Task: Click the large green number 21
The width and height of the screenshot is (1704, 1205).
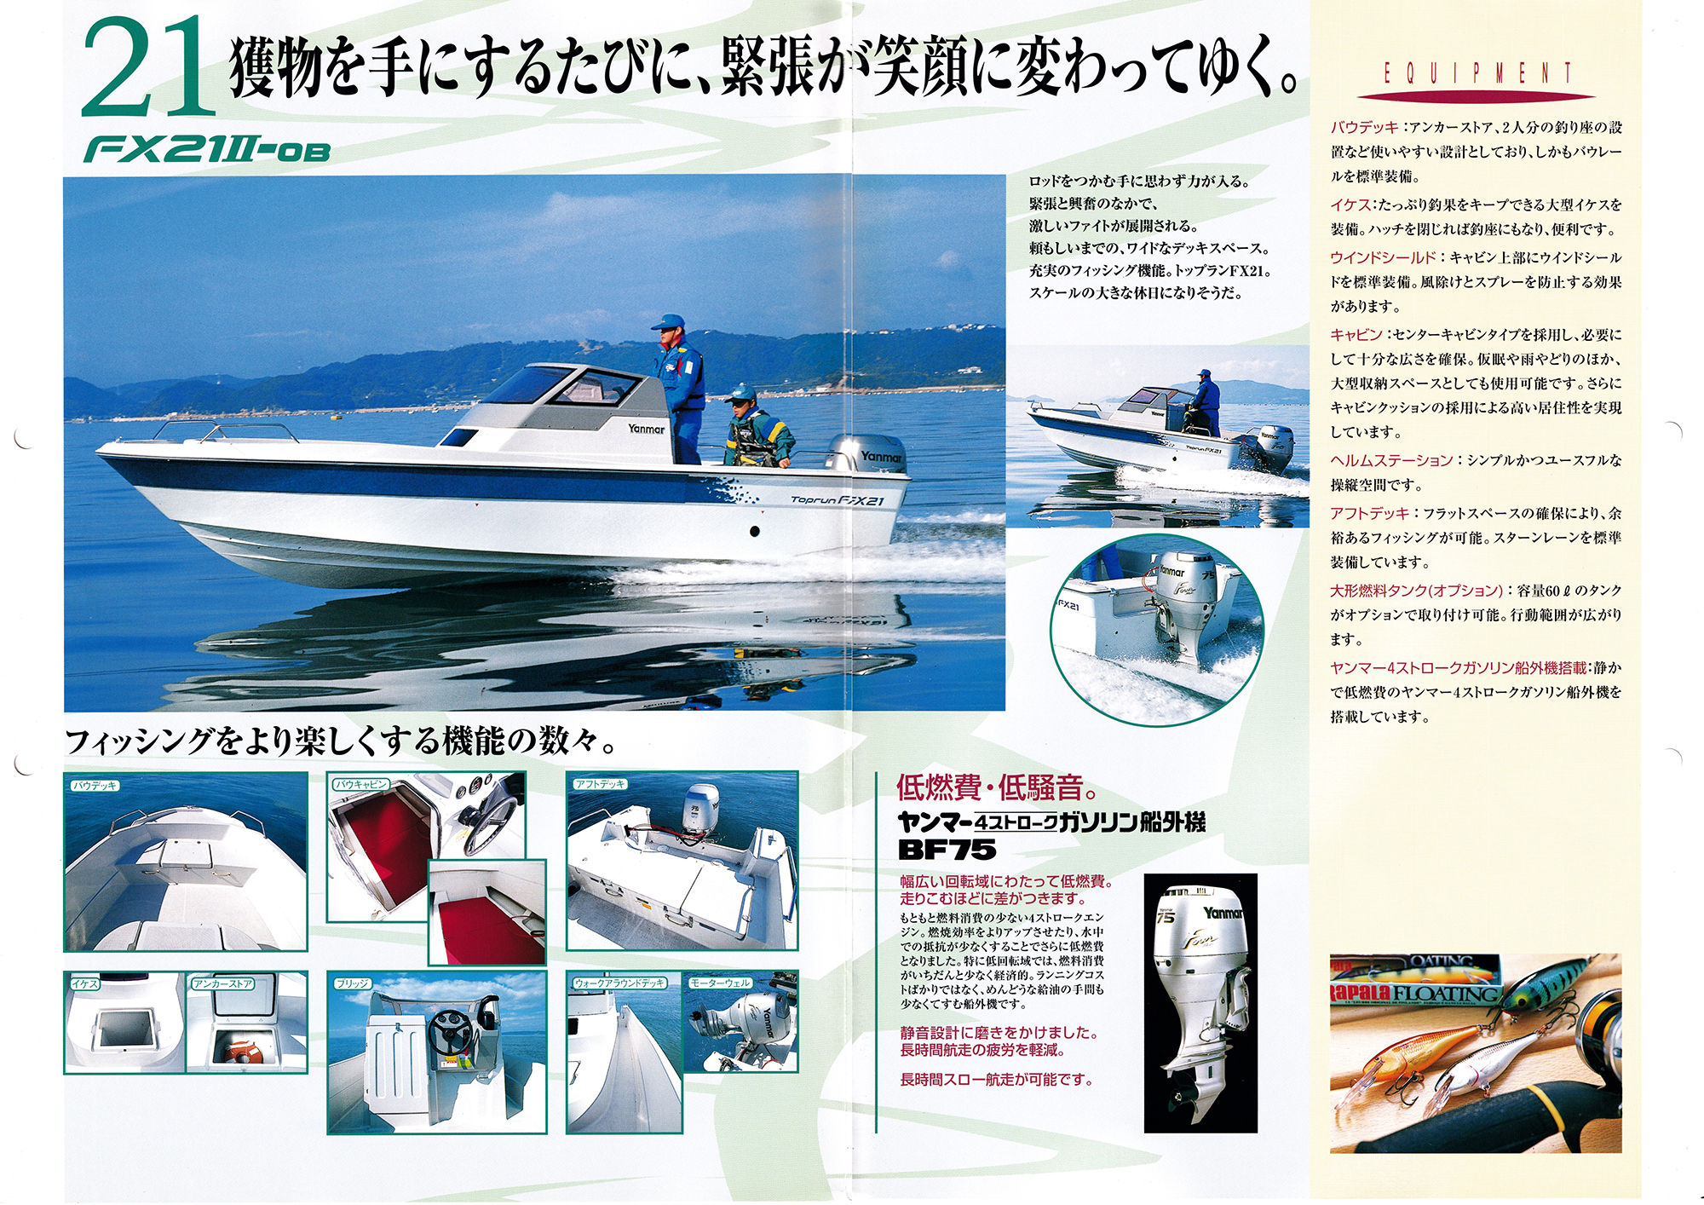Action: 147,68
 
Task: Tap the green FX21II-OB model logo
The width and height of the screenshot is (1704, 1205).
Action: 206,151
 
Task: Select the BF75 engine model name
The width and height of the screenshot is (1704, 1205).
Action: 947,850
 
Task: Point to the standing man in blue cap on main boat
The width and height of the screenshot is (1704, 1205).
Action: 679,389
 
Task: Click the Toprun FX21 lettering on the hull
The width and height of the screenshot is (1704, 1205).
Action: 838,500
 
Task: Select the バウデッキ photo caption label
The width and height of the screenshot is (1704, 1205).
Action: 95,786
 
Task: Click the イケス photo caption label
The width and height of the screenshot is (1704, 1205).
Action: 84,983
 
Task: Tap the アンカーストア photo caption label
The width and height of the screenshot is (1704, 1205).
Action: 222,983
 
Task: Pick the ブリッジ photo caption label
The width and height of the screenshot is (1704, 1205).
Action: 352,983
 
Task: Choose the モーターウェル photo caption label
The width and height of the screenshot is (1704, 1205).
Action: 720,983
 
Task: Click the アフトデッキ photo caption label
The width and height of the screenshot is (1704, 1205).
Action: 600,784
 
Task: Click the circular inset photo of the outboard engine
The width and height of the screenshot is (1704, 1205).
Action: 1157,631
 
